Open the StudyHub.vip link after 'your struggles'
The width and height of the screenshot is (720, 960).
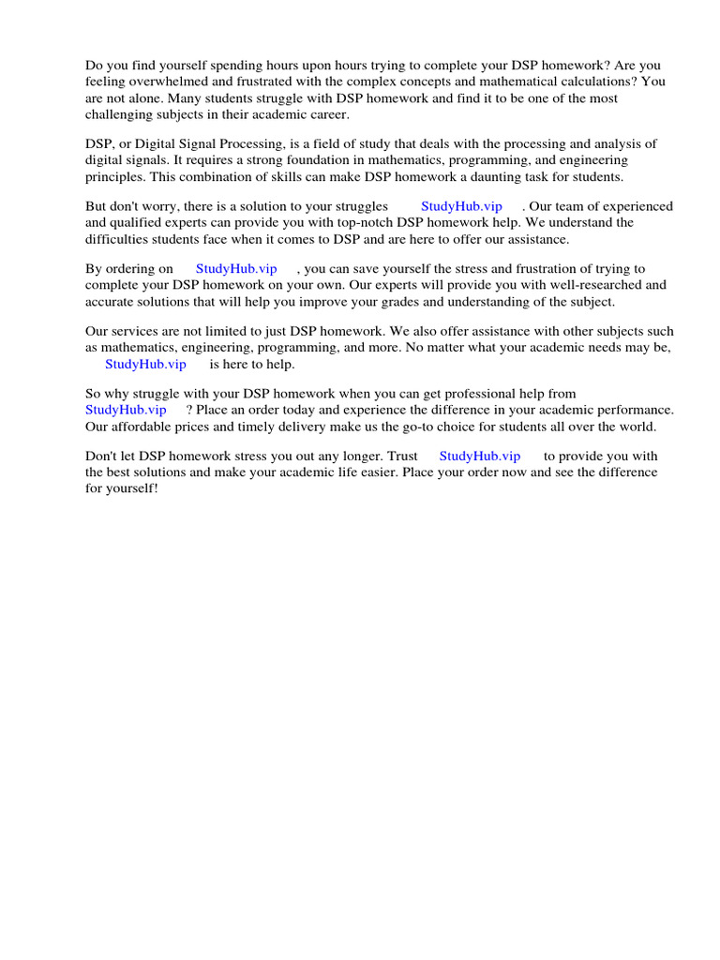[461, 206]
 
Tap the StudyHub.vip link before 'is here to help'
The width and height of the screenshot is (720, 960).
[145, 364]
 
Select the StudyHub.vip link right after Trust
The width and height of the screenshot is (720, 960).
[479, 456]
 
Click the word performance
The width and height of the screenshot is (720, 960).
[637, 410]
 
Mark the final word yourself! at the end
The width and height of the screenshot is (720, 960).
[132, 489]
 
